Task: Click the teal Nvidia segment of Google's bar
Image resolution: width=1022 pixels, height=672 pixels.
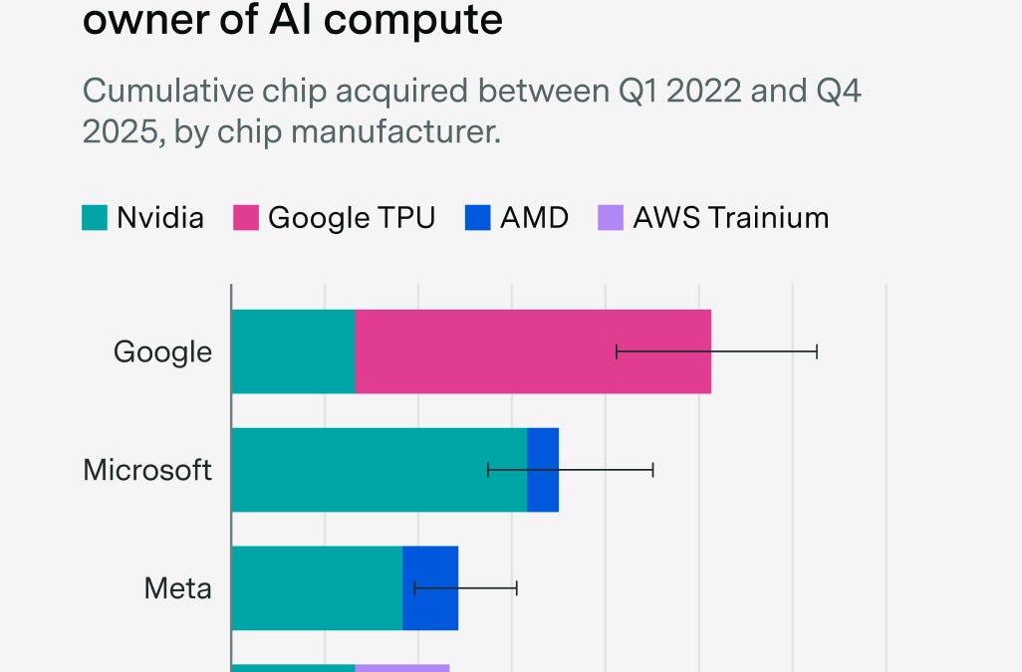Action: click(293, 351)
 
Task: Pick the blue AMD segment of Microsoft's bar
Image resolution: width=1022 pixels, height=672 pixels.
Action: click(543, 470)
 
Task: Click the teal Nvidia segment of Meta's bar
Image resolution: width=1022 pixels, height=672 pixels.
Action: click(317, 587)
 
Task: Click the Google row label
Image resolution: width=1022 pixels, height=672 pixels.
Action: click(162, 351)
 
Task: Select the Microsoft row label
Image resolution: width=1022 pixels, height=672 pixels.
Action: click(147, 470)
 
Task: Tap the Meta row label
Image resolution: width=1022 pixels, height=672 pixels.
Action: click(178, 587)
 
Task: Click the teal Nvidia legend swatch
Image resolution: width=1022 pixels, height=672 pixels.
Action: click(95, 217)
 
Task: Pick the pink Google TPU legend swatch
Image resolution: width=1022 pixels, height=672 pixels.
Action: click(246, 217)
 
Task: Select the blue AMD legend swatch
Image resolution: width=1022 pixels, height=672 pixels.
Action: click(477, 217)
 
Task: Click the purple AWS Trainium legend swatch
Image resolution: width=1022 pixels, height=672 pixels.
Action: click(610, 217)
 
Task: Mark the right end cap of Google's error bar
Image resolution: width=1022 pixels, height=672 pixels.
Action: click(817, 351)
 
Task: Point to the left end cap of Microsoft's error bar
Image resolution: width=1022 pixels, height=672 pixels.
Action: click(488, 470)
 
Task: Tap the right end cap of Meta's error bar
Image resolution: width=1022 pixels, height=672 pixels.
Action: click(517, 587)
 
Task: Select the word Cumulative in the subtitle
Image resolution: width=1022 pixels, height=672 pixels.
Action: click(155, 91)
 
